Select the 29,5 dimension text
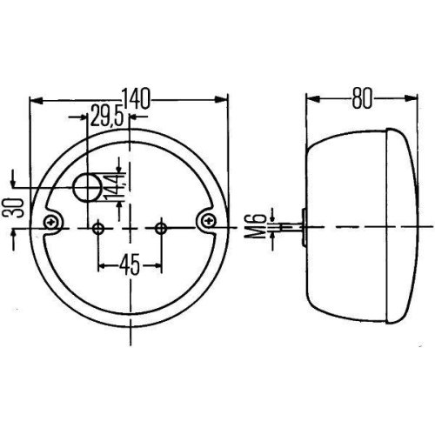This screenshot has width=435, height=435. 105,116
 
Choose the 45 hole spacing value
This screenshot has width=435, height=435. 129,263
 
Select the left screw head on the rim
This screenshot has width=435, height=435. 54,223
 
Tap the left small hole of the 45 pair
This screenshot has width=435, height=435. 98,229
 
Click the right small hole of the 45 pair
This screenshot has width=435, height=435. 160,229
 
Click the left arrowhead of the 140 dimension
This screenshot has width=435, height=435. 35,100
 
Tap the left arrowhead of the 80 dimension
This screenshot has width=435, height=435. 310,100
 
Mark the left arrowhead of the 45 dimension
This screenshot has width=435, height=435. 102,263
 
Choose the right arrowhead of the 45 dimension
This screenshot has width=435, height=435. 157,263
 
